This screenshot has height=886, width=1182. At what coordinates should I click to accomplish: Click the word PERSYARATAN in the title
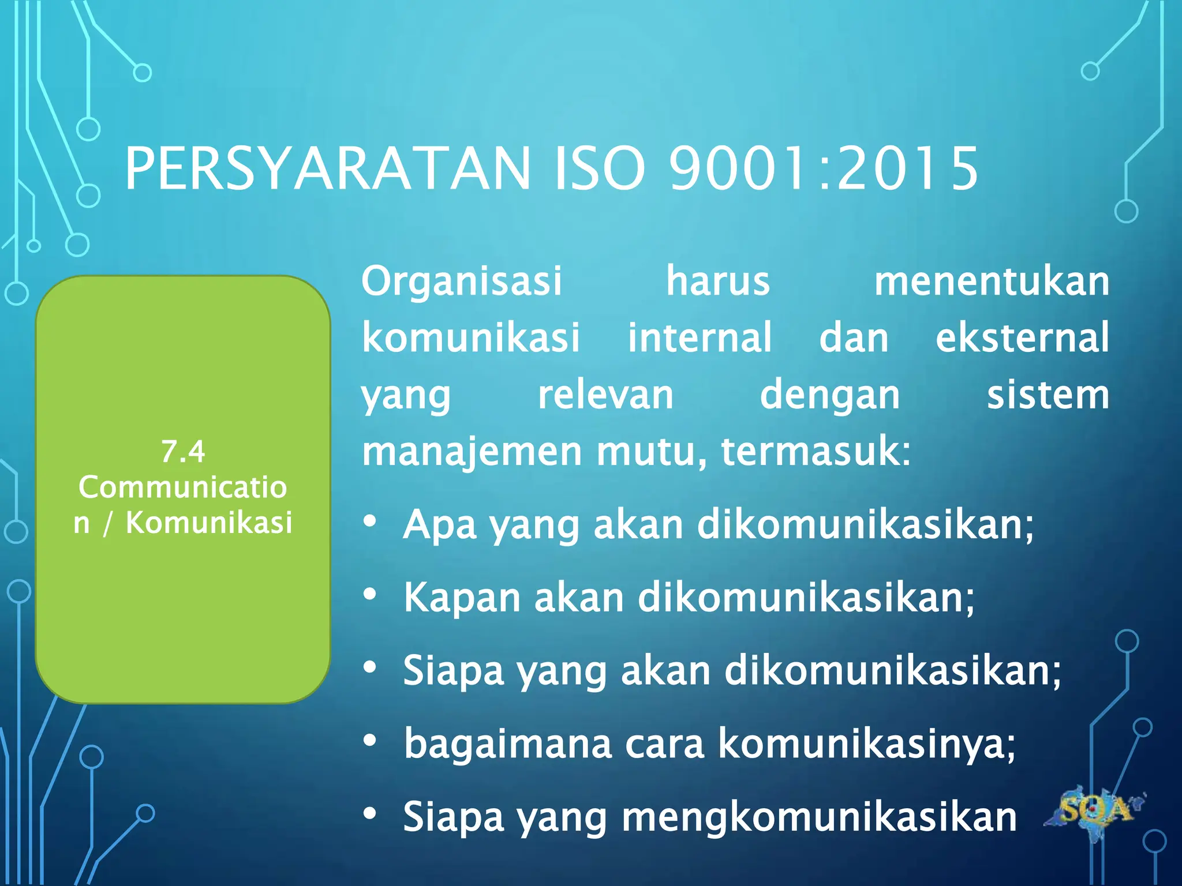click(327, 168)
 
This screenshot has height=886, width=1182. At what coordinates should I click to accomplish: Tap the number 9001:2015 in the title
click(824, 168)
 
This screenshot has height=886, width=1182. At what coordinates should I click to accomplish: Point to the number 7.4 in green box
click(183, 452)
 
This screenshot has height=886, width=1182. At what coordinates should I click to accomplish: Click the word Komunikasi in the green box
click(209, 523)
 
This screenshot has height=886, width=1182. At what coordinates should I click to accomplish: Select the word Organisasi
click(462, 281)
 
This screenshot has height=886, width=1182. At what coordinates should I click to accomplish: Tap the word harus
click(718, 281)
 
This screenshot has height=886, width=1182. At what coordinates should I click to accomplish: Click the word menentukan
click(992, 281)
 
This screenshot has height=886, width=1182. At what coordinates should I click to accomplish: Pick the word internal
click(700, 337)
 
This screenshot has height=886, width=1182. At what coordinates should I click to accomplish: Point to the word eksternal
click(1022, 337)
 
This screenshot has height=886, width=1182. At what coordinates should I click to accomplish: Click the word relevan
click(605, 395)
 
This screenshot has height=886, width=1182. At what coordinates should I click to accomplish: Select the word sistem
click(1048, 395)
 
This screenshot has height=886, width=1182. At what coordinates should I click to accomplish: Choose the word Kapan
click(462, 598)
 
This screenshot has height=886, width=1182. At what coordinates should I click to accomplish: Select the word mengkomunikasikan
click(819, 817)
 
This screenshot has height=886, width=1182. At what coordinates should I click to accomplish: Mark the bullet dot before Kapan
click(370, 594)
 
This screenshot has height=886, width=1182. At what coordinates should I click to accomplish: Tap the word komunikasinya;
click(866, 744)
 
